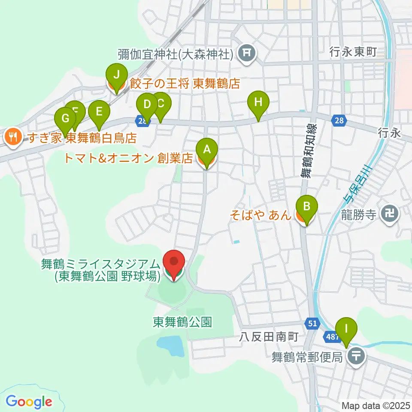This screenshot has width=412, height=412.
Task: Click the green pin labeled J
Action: coord(115,75)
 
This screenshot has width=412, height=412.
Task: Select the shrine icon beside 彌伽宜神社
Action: coord(247,54)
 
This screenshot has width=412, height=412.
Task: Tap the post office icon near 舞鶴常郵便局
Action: coord(356,355)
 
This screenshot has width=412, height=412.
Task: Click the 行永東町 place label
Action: coord(353,52)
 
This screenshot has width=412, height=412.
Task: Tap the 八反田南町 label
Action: coord(269,337)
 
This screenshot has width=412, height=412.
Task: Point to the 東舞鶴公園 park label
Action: coord(182,322)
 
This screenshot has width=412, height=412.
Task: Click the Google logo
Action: coord(29,401)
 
